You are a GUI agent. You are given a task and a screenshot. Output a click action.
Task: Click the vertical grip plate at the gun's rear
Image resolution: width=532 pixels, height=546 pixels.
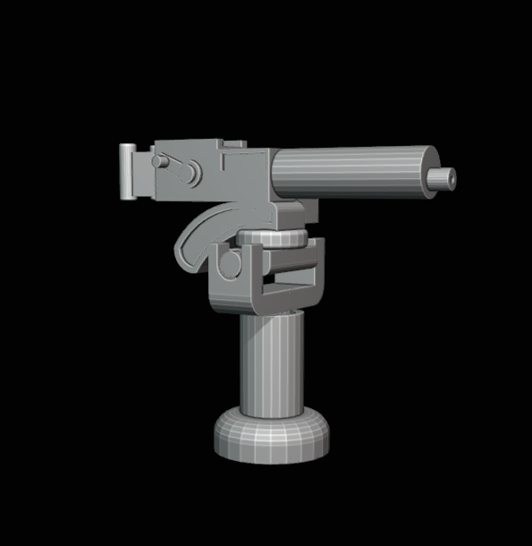coord(129,172)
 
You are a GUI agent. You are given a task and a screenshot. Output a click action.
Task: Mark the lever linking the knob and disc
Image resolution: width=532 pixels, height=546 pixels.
coord(177,166)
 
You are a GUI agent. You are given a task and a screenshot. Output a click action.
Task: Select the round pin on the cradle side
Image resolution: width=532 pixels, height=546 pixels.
coord(229,264)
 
